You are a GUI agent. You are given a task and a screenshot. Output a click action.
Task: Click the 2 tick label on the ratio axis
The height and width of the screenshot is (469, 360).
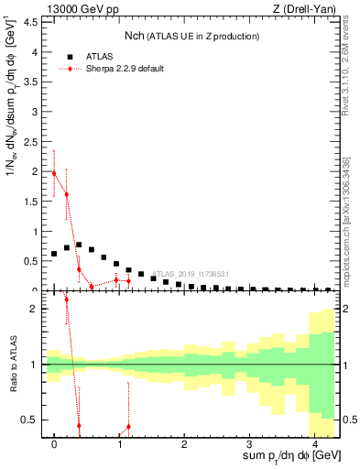click(34, 309)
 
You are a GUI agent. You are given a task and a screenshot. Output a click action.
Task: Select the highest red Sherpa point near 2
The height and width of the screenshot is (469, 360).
click(54, 172)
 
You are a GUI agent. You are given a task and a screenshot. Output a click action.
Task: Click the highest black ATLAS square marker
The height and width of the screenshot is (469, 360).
click(79, 245)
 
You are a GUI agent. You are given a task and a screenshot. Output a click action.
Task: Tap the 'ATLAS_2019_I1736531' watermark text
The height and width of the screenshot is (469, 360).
click(191, 274)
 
